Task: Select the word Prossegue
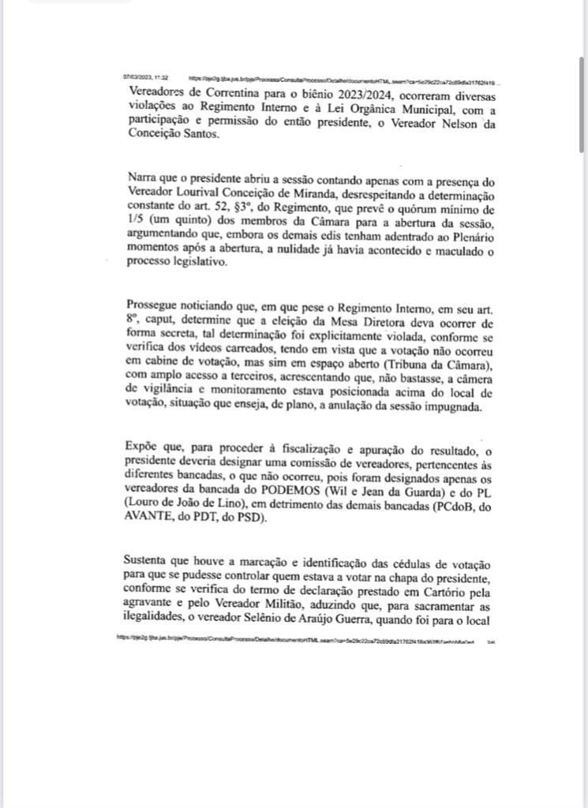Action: (152, 306)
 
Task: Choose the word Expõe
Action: (141, 448)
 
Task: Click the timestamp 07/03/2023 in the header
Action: (137, 79)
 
